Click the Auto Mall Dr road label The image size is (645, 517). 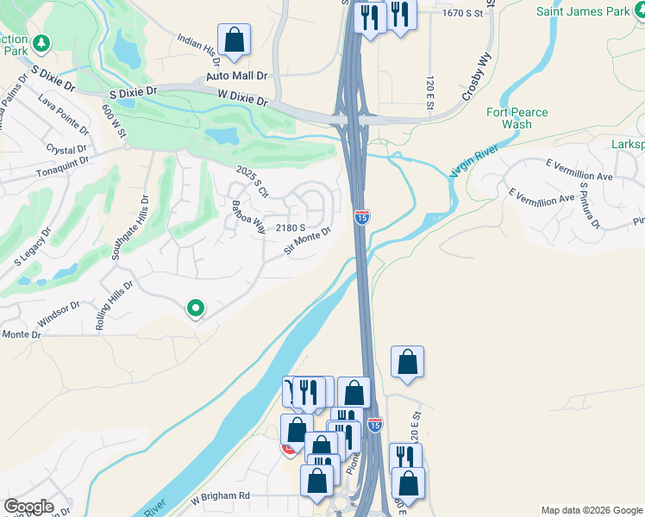click(x=237, y=77)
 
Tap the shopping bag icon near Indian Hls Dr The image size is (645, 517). click(x=234, y=40)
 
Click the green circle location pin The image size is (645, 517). click(x=196, y=307)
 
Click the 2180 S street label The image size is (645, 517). click(x=291, y=227)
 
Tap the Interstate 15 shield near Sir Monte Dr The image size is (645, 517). click(x=362, y=217)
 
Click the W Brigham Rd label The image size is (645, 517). click(x=220, y=496)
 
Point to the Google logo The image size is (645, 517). click(x=28, y=507)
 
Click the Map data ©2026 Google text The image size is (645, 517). click(x=592, y=510)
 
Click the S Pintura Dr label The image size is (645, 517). click(x=590, y=205)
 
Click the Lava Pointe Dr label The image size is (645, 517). click(x=63, y=115)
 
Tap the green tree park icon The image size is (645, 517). click(x=41, y=42)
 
